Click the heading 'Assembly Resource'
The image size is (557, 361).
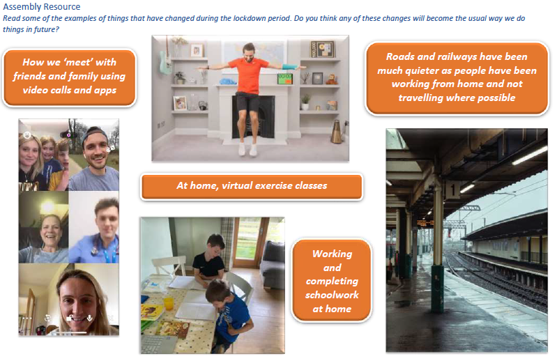pyautogui.click(x=42, y=6)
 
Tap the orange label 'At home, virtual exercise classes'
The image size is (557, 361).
pyautogui.click(x=252, y=186)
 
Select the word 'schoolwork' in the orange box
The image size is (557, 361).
pyautogui.click(x=332, y=295)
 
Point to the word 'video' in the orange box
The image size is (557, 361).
pyautogui.click(x=35, y=90)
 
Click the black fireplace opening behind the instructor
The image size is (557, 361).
pyautogui.click(x=253, y=118)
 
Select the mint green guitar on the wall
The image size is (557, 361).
pyautogui.click(x=164, y=61)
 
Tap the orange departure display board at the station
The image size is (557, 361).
pyautogui.click(x=425, y=223)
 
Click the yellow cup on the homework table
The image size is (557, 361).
pyautogui.click(x=169, y=304)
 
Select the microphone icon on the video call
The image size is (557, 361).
pyautogui.click(x=90, y=318)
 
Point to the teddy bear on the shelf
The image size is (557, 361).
pyautogui.click(x=331, y=79)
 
